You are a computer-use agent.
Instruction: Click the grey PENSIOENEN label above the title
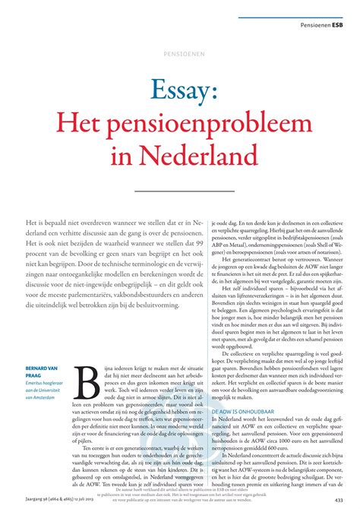[x=180, y=55]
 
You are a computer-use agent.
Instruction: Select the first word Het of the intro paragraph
[x=32, y=217]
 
